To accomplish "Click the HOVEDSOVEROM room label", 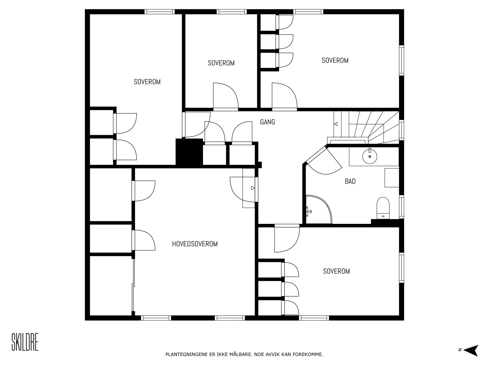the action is coord(195,244).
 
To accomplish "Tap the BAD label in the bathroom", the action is coord(350,181).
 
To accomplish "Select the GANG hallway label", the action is coord(267,122).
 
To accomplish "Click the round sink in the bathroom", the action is coord(370,156).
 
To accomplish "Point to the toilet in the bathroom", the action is coord(383,208).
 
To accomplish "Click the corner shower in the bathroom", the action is coord(318,209).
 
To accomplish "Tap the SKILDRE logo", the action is coord(25,342).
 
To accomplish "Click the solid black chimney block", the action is coord(189,152).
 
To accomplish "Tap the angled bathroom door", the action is coord(324,161).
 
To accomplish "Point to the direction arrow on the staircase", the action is coord(336,124).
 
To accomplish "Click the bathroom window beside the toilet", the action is coord(402,206).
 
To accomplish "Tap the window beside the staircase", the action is coord(402,130).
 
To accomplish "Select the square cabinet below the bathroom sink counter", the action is coord(392,178).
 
